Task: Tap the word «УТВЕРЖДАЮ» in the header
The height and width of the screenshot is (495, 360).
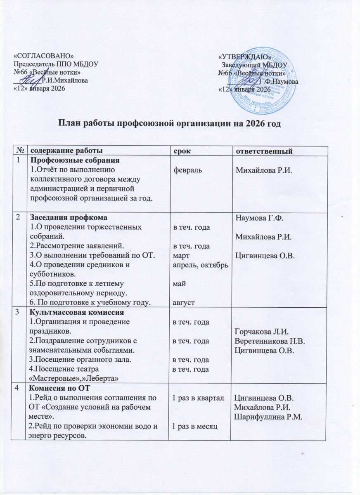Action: click(244, 57)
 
